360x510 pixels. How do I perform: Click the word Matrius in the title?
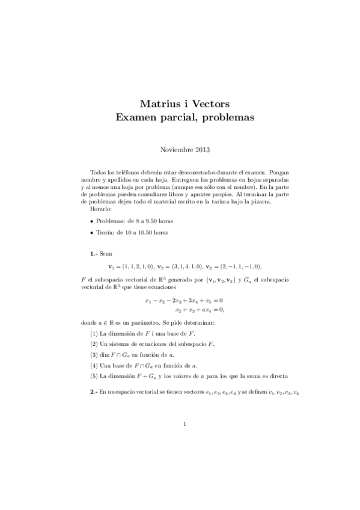coord(159,103)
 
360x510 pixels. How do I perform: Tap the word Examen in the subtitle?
coord(137,118)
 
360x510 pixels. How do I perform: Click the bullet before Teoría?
coord(91,232)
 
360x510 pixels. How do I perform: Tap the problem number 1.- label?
coord(94,254)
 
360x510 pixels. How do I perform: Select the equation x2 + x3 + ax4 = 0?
coord(199,310)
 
